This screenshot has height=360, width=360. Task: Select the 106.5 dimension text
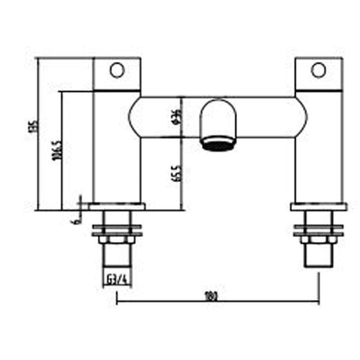click(56, 149)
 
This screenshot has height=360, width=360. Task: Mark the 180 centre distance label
click(210, 296)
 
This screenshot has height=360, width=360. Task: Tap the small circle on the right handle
click(318, 70)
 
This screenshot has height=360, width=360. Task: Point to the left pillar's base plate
click(117, 207)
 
